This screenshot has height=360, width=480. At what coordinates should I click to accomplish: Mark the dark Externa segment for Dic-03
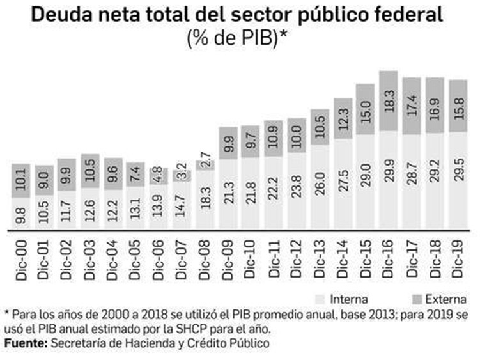tap(91, 171)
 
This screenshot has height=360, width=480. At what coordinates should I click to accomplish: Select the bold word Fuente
tap(26, 343)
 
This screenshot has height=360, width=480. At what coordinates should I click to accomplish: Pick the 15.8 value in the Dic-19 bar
tap(457, 106)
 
